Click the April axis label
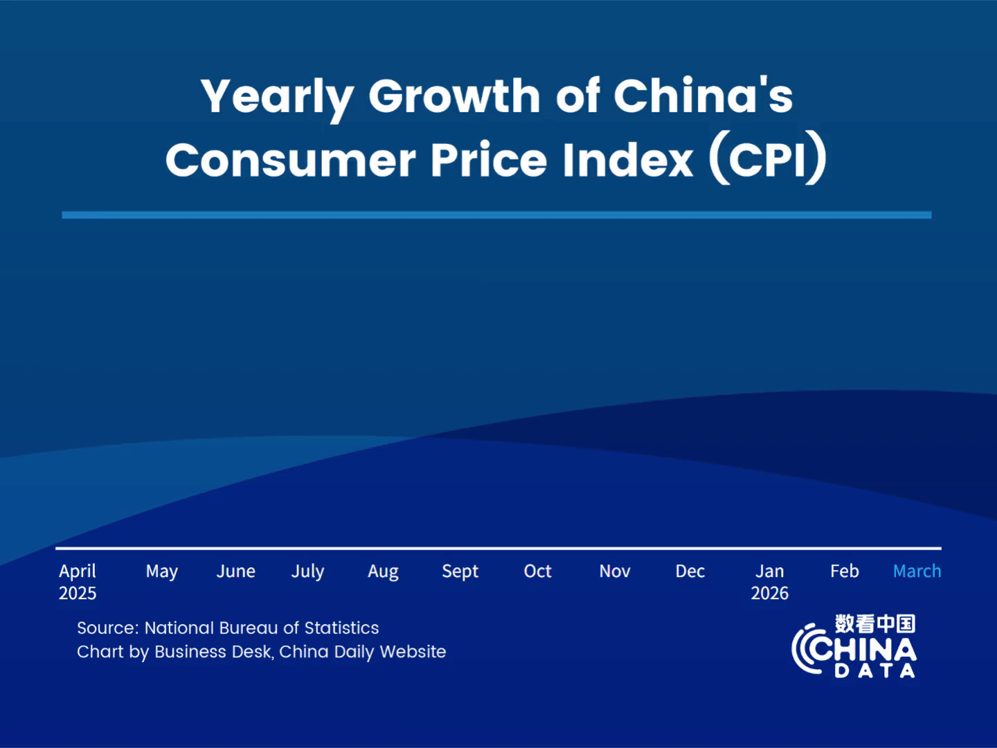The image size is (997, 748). (78, 571)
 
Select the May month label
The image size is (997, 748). (162, 571)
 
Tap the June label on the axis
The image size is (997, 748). (235, 571)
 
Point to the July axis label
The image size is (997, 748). (307, 571)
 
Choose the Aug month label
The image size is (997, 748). (383, 571)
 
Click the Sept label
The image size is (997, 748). (460, 571)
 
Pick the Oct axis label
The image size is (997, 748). (537, 571)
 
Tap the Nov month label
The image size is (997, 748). (615, 571)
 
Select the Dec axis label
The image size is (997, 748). (690, 571)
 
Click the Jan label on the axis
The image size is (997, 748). (770, 571)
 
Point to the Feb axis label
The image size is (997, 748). (845, 571)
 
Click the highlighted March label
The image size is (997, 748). (917, 571)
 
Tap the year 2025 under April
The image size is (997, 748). (78, 594)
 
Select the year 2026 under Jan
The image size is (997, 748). (770, 594)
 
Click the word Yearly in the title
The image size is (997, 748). (277, 97)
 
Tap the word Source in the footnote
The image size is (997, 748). (107, 628)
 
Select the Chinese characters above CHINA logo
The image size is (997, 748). (875, 624)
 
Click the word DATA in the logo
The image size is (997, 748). (875, 670)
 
